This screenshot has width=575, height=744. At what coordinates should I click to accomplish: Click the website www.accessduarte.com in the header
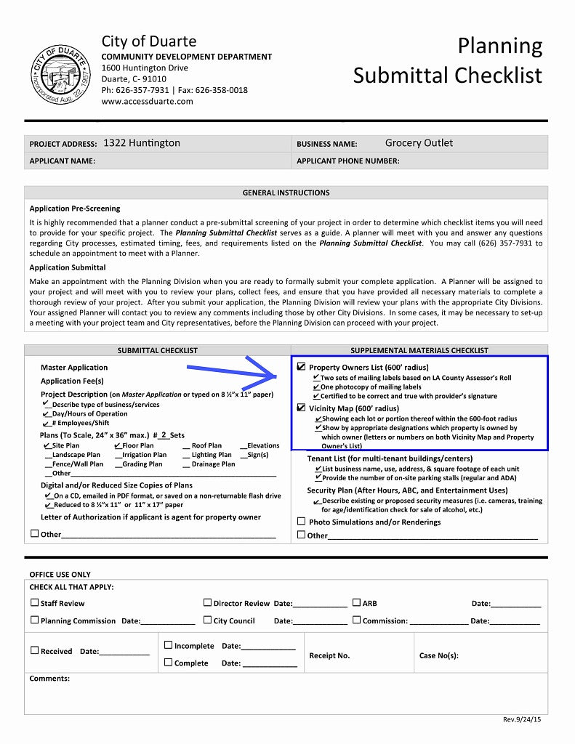point(148,102)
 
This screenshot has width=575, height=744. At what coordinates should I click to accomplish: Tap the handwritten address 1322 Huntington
point(142,143)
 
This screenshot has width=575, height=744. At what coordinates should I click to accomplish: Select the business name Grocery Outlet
point(419,143)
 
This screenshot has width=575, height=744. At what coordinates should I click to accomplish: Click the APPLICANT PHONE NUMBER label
point(348,161)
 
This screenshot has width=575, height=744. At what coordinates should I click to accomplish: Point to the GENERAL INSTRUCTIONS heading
point(286,193)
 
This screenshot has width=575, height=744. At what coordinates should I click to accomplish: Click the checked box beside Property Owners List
point(302,368)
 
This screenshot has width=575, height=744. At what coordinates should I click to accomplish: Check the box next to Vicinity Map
point(302,408)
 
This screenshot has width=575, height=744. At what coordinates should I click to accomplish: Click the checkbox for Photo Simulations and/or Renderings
point(302,522)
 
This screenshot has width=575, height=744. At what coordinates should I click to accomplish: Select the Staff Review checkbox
point(34,602)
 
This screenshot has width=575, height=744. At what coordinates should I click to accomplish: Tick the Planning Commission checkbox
point(34,620)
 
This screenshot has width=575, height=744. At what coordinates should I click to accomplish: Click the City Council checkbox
point(207,620)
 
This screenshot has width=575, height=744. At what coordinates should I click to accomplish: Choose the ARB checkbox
point(356,602)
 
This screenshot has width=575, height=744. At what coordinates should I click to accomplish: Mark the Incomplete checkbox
point(168,644)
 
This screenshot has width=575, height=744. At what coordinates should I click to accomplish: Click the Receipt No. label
point(329,655)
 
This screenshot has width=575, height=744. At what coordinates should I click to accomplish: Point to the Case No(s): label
point(439,655)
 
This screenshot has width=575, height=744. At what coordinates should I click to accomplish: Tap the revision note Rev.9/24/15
point(522,719)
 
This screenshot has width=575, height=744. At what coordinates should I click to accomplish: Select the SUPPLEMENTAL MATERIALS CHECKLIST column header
point(419,350)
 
